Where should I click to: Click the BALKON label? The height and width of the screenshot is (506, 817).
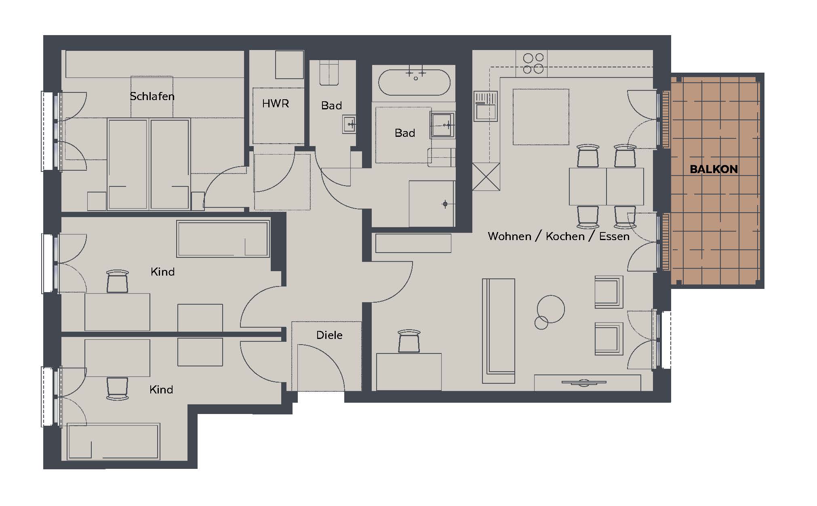point(714,169)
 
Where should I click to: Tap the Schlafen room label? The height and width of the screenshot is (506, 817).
point(152,96)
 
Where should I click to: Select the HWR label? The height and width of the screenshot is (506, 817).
point(276,104)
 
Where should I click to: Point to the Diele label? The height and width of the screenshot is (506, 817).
point(329,335)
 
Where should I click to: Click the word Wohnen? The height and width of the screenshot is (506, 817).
point(510,236)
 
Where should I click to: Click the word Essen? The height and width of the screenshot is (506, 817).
point(614,236)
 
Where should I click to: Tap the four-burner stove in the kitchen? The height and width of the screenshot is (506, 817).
point(531,63)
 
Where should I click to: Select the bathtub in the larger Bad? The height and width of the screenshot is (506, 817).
point(414,82)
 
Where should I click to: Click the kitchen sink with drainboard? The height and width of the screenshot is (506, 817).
point(485,106)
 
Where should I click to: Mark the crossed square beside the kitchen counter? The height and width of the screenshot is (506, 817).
point(486,176)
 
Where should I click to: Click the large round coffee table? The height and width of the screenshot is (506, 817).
point(551,309)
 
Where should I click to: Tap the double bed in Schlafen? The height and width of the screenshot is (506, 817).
point(149,164)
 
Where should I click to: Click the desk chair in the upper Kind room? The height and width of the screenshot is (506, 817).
point(117,281)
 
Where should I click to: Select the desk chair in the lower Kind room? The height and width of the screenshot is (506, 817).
point(117,388)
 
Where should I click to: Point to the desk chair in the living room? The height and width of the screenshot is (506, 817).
point(409,341)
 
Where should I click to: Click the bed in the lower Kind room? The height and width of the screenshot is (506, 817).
point(114,441)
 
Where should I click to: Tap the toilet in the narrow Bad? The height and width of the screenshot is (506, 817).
point(329,73)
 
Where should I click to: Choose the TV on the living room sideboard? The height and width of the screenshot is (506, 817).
point(584,382)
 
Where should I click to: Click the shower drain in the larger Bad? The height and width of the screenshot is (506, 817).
point(445,204)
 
